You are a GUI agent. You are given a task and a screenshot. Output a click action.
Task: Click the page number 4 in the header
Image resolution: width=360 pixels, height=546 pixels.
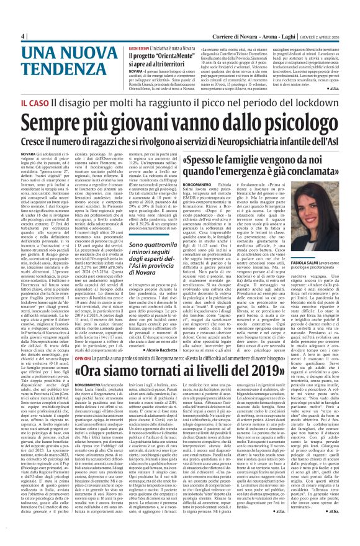22,35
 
